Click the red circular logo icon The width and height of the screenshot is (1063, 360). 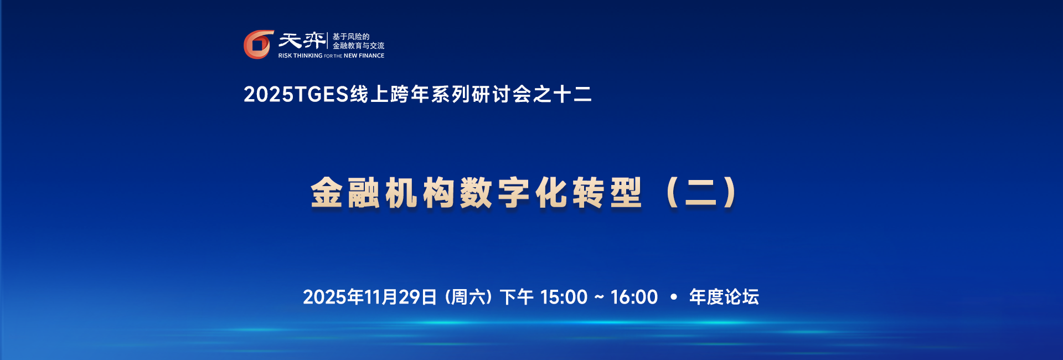259,44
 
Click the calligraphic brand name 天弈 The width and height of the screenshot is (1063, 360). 302,40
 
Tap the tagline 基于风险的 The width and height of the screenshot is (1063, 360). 351,37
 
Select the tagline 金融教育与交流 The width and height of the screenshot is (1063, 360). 358,46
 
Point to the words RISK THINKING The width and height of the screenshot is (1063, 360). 300,56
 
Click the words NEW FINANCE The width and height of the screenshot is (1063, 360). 364,56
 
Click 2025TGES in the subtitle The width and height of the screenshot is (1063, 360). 296,94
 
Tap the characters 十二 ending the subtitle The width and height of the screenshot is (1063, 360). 572,94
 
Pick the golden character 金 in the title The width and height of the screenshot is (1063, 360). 327,193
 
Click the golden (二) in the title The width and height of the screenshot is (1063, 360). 701,193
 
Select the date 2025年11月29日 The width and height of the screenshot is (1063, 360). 370,297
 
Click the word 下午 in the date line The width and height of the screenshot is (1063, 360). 517,297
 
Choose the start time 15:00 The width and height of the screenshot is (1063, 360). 564,297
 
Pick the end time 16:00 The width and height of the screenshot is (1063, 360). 634,297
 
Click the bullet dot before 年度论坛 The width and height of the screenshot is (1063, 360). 674,297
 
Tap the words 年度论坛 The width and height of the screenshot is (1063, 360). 724,297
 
